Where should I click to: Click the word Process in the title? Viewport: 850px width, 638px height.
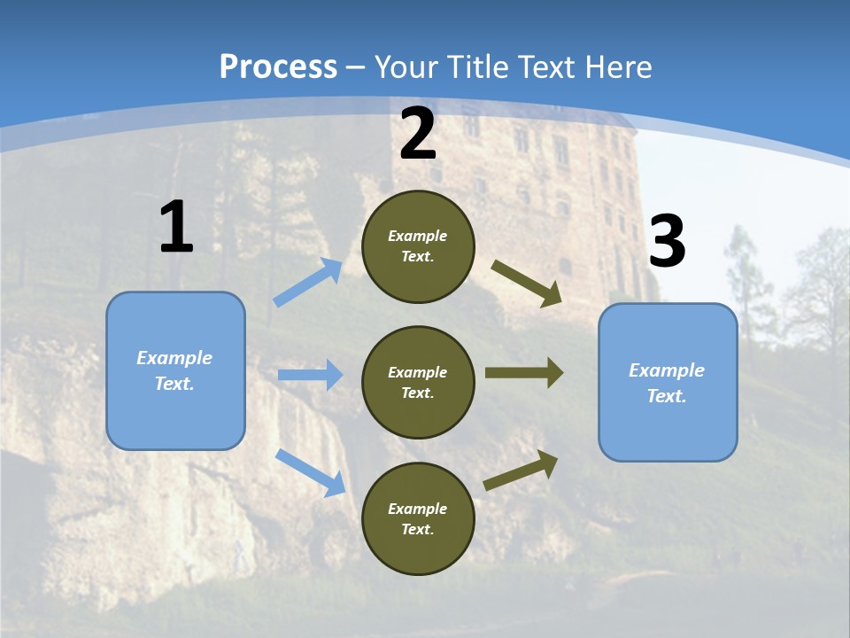click(278, 66)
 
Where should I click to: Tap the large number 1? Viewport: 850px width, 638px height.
click(176, 228)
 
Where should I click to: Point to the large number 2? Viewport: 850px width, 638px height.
click(418, 134)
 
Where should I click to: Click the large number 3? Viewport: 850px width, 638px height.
click(667, 243)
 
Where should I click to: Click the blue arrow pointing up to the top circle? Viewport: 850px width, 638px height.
click(308, 283)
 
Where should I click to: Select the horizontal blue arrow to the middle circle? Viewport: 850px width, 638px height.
click(310, 375)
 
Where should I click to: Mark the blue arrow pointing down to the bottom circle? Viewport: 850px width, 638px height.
click(310, 472)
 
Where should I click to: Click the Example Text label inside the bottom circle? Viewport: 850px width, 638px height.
click(418, 519)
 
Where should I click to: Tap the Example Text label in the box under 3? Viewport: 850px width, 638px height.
click(667, 383)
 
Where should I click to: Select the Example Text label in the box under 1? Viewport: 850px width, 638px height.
click(174, 370)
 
